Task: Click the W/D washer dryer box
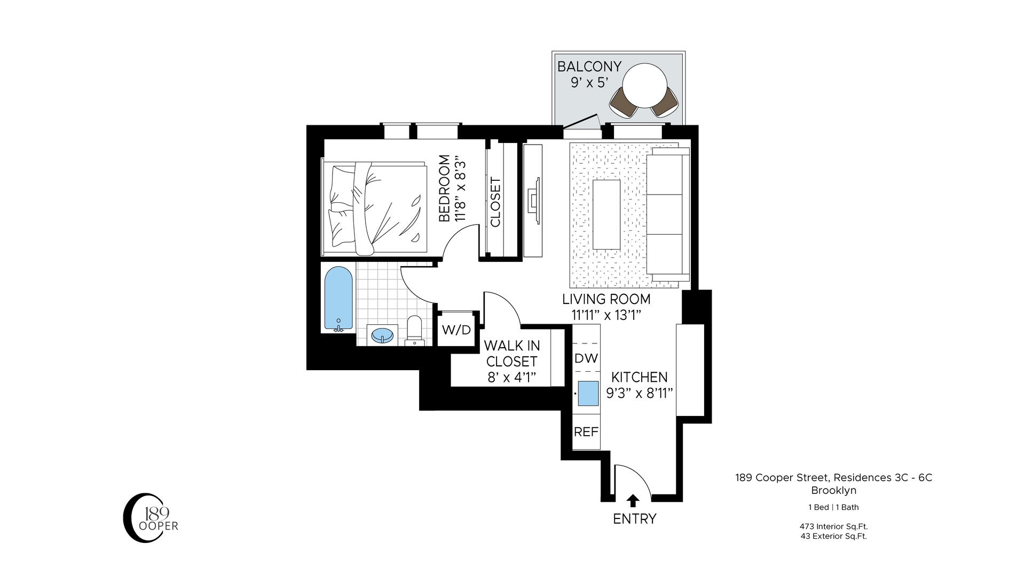[x=456, y=330]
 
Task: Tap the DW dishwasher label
[x=586, y=358]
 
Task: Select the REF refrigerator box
[x=586, y=432]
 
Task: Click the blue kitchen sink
[x=588, y=394]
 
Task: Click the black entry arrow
[x=633, y=500]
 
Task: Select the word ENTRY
[x=634, y=518]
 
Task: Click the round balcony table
[x=644, y=85]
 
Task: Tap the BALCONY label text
[x=589, y=67]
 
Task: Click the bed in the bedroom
[x=376, y=208]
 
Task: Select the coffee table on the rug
[x=606, y=214]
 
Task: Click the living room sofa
[x=667, y=214]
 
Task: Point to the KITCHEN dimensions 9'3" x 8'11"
[x=639, y=394]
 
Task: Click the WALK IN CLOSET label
[x=511, y=354]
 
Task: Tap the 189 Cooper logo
[x=149, y=518]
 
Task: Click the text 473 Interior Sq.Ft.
[x=833, y=526]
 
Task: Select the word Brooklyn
[x=833, y=490]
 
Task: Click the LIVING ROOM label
[x=606, y=299]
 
